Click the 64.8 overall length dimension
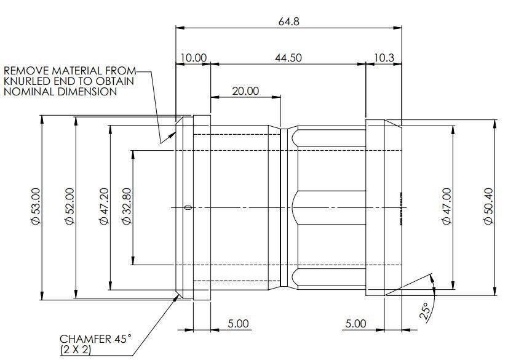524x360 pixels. click(x=288, y=22)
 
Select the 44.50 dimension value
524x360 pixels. click(x=288, y=57)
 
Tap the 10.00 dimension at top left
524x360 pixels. click(x=194, y=57)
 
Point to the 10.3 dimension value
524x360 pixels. click(x=384, y=57)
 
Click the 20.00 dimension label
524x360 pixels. click(x=245, y=91)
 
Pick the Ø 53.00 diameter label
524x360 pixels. click(x=36, y=206)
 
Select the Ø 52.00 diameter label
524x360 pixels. click(x=69, y=206)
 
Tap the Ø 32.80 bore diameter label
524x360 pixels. click(x=127, y=206)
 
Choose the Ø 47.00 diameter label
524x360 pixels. click(x=447, y=206)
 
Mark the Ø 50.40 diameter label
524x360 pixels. click(x=488, y=206)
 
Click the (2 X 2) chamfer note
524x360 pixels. click(x=76, y=350)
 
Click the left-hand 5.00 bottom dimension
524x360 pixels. click(x=238, y=324)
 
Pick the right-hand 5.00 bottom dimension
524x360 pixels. click(x=355, y=324)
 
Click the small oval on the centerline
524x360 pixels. click(x=188, y=207)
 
